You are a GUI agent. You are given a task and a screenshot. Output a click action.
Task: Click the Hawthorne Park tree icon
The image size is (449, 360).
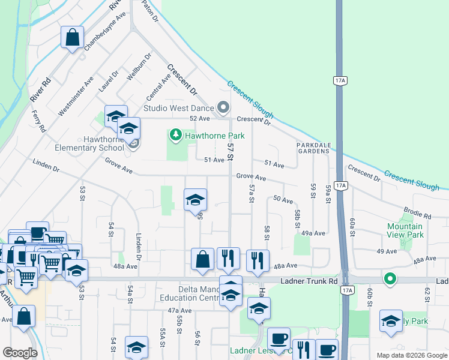pyautogui.click(x=176, y=136)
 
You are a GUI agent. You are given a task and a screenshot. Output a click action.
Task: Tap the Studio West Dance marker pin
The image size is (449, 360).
pyautogui.click(x=223, y=108)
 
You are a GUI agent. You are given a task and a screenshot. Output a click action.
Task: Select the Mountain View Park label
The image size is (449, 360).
pyautogui.click(x=405, y=230)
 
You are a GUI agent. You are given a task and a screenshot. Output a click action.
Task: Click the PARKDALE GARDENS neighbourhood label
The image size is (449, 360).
pyautogui.click(x=313, y=148)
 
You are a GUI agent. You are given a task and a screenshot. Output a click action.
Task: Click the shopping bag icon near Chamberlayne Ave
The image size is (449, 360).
pyautogui.click(x=72, y=38)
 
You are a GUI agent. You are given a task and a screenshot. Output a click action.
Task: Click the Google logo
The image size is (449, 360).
pyautogui.click(x=19, y=352)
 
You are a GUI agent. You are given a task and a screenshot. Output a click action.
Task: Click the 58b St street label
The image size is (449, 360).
pyautogui.click(x=297, y=218)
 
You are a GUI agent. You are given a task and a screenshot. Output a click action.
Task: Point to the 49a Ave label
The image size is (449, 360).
pyautogui.click(x=313, y=233)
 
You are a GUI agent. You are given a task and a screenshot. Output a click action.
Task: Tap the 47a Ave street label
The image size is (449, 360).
pyautogui.click(x=179, y=310)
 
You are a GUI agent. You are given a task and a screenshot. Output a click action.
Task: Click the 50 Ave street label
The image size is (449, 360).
pyautogui.click(x=283, y=199)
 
